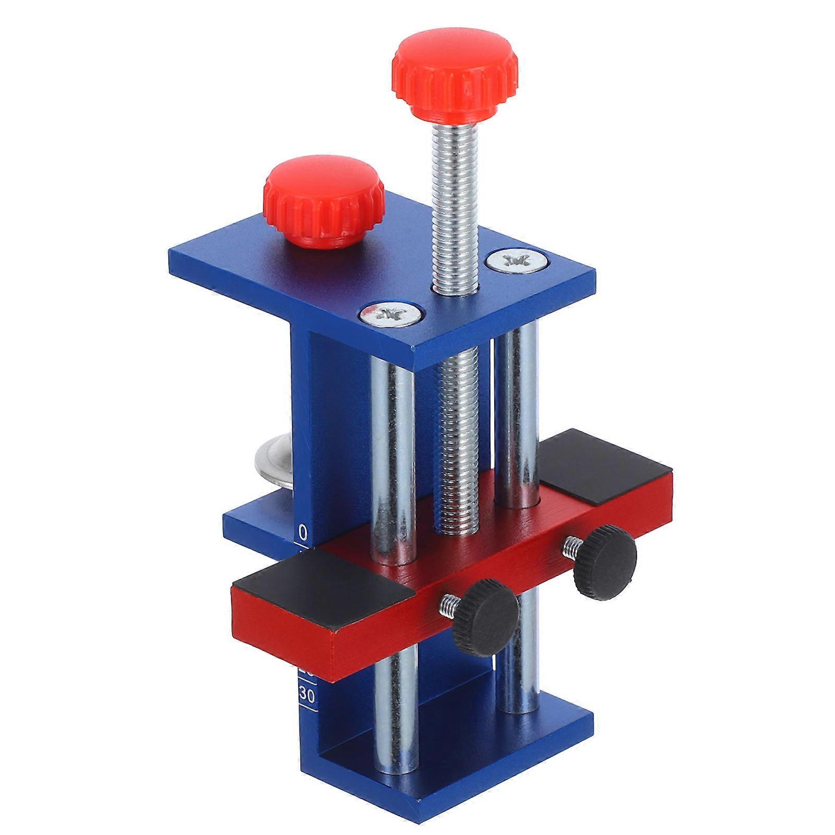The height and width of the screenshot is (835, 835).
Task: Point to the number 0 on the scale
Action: (303, 532)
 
